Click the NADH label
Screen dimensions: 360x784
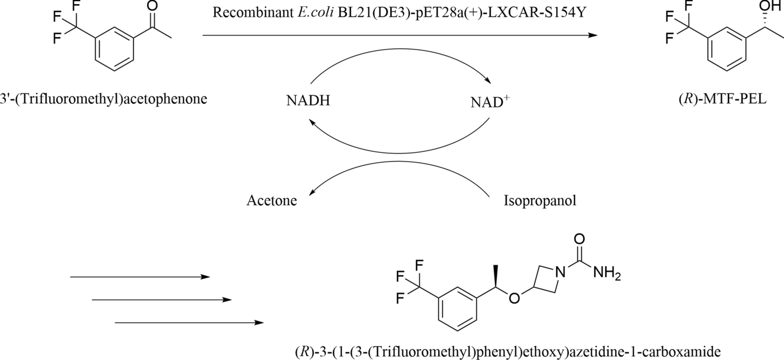[308, 101]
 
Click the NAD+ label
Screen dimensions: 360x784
[489, 102]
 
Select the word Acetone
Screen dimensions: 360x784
[271, 201]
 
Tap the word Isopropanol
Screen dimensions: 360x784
[540, 201]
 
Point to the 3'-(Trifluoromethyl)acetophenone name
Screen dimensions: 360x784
[104, 99]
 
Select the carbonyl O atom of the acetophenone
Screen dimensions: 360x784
[152, 7]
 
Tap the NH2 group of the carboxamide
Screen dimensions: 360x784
[606, 272]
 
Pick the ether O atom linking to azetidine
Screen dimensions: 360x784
[514, 299]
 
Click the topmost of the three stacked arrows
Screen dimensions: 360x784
[140, 277]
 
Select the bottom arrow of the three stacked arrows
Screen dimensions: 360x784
[189, 323]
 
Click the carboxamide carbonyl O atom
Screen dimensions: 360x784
[579, 239]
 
